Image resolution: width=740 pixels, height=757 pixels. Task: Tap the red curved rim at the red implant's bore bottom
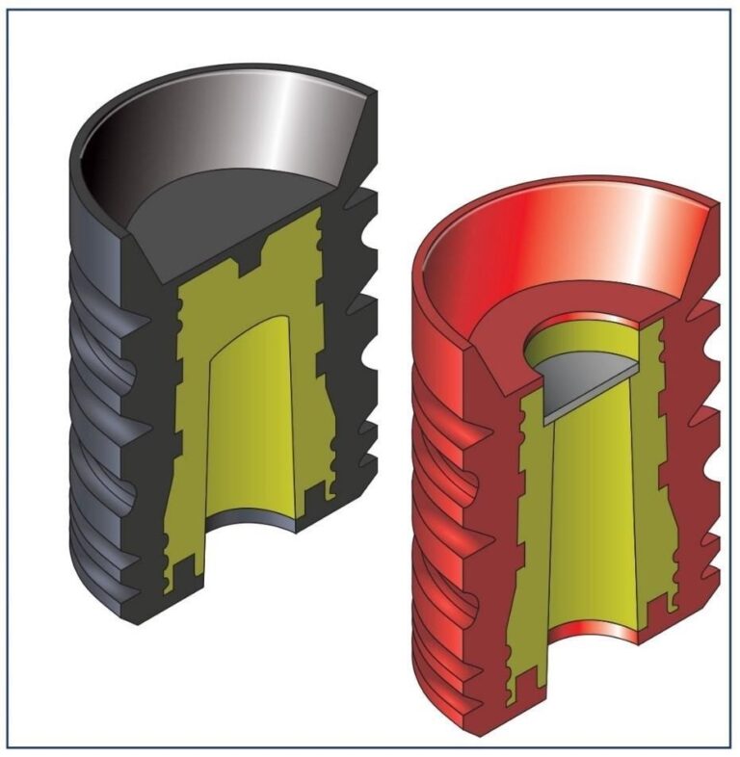tap(593, 634)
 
